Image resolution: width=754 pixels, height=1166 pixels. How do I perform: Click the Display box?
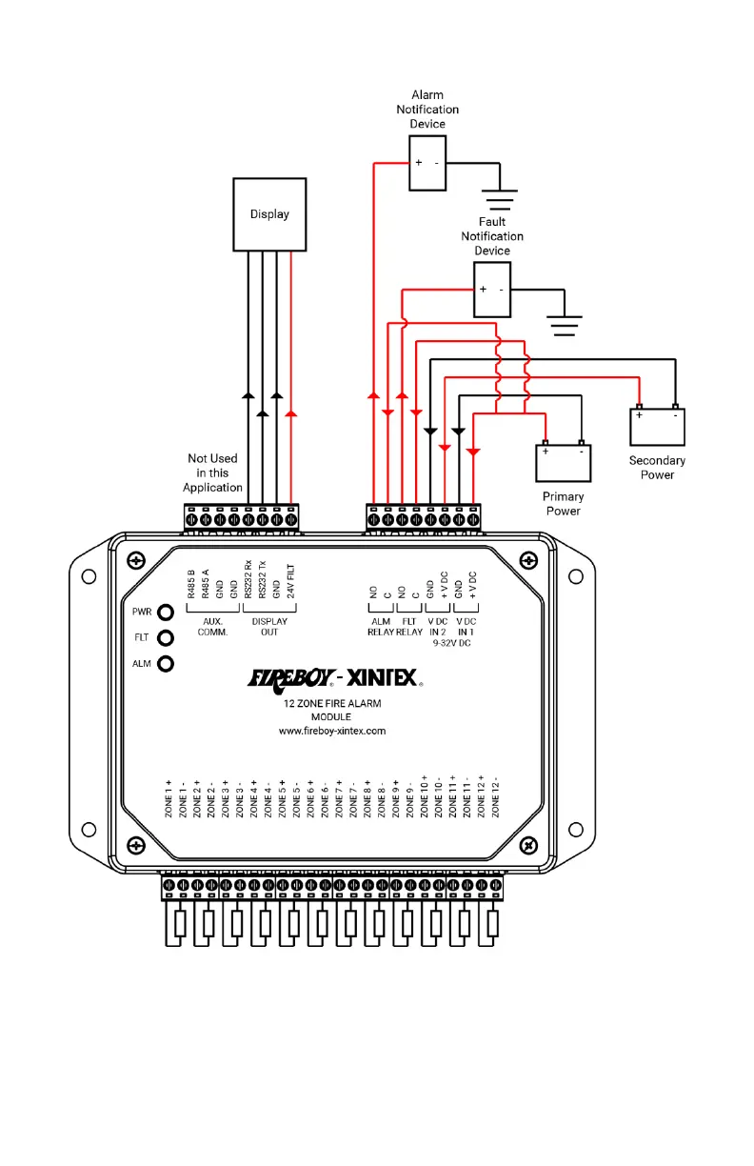tap(269, 214)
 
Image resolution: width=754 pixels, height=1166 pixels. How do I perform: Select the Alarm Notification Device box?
tap(427, 163)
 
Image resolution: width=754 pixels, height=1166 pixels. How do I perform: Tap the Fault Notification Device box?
tap(492, 289)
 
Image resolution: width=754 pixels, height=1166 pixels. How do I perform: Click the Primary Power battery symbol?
tap(563, 462)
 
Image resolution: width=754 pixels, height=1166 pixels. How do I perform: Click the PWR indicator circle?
tap(165, 613)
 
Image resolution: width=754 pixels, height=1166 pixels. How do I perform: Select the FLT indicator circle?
tap(165, 638)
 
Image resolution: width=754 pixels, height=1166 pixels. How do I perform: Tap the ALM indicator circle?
tap(165, 664)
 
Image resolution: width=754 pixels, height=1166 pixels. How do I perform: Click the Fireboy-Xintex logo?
tap(334, 678)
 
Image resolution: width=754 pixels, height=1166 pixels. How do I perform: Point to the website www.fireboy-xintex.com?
tap(331, 731)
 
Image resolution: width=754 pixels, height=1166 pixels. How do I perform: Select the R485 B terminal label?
tap(191, 583)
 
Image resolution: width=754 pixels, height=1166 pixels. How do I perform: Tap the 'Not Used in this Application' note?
tap(212, 472)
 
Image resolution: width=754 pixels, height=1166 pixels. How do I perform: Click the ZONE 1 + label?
tap(169, 798)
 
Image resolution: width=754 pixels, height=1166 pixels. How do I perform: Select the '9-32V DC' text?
tap(451, 643)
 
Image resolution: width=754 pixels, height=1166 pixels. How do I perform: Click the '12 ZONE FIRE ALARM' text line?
tap(331, 703)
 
